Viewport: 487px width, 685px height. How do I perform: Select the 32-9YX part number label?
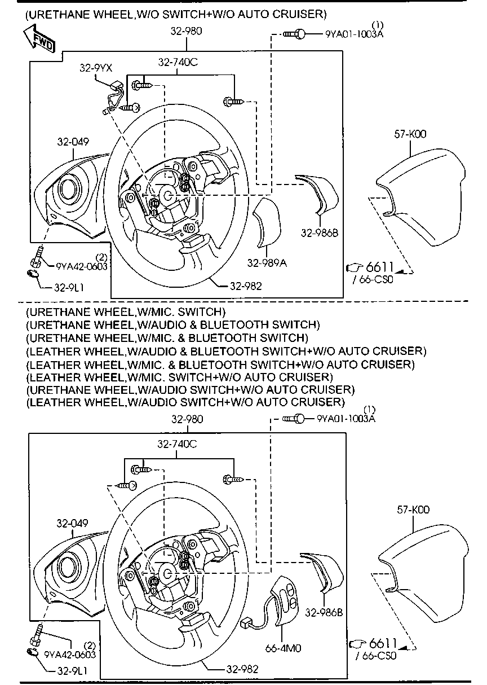tap(95, 68)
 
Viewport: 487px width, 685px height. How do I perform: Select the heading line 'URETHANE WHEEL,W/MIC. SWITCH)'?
tap(125, 311)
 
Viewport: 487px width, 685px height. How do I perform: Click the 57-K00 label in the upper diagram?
tap(410, 134)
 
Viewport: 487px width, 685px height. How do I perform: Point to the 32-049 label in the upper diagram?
tap(72, 142)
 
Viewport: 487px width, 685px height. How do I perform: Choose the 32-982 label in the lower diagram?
tap(242, 669)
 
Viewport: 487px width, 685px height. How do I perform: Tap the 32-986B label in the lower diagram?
tap(324, 612)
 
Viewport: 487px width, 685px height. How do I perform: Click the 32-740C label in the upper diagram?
tap(178, 63)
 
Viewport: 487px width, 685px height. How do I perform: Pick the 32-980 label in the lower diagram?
tap(187, 419)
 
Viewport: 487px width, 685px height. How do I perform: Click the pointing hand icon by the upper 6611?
tap(355, 267)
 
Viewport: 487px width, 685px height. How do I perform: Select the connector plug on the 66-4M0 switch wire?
tap(246, 623)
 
